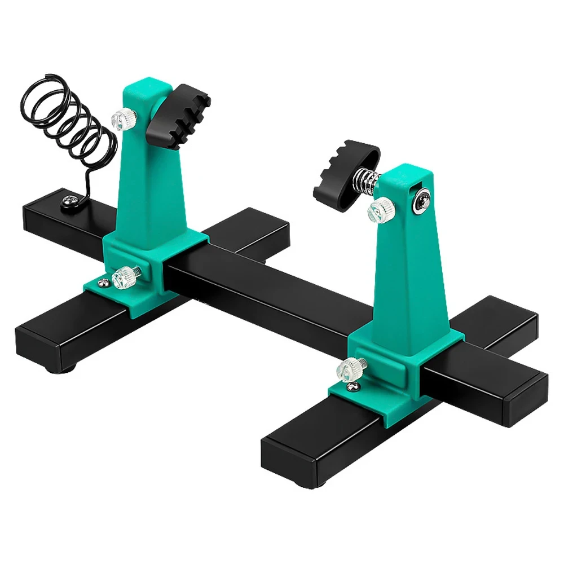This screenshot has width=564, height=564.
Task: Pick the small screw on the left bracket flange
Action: pos(102,282)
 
